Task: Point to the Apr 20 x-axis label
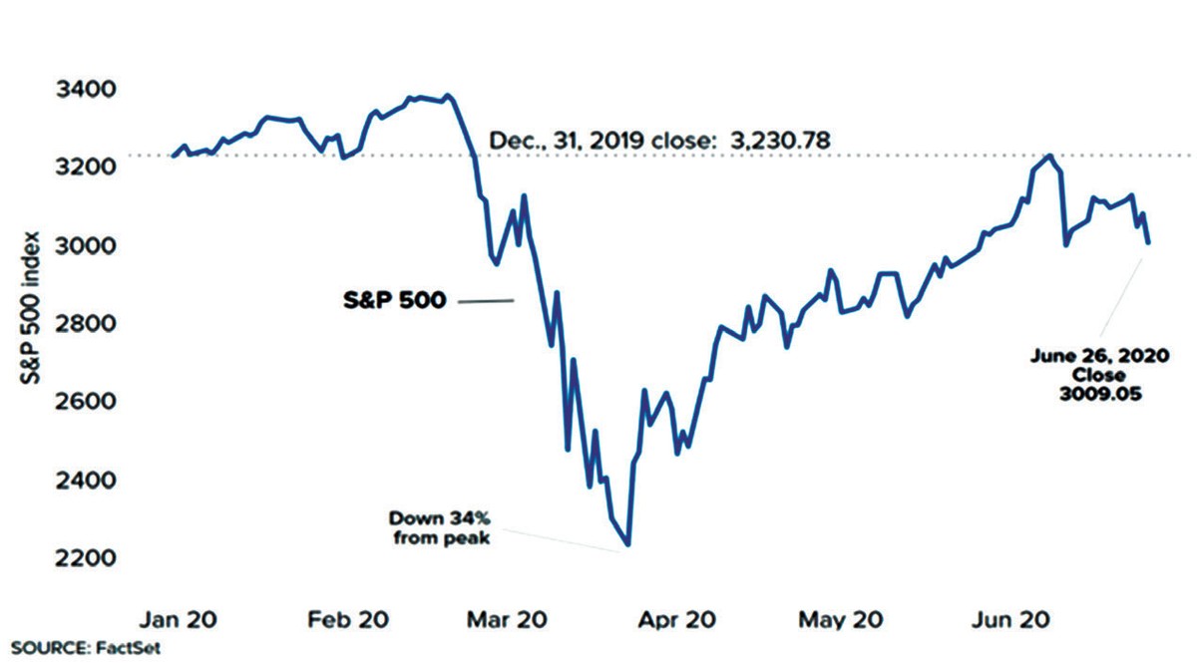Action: pyautogui.click(x=677, y=620)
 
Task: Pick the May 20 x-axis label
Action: pyautogui.click(x=838, y=620)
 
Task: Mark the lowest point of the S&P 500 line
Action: pyautogui.click(x=627, y=544)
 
